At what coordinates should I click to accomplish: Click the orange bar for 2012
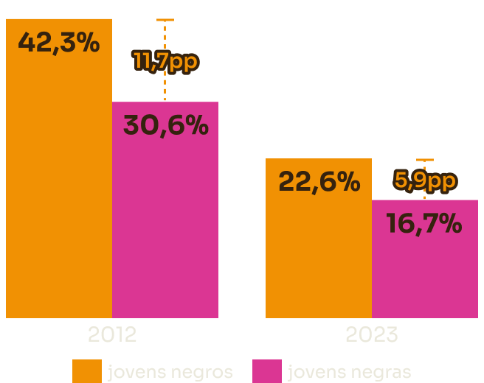(59, 184)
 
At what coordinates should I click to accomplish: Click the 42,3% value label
(59, 43)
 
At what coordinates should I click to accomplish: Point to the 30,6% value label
(165, 126)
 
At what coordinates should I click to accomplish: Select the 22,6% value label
(319, 181)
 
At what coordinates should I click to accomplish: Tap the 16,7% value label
(424, 223)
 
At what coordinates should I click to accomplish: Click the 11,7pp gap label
(165, 61)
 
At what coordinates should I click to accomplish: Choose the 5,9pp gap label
(425, 180)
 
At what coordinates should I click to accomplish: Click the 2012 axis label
(112, 335)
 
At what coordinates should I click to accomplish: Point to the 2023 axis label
(372, 335)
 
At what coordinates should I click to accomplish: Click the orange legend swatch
(86, 371)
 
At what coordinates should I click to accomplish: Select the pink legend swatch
(266, 371)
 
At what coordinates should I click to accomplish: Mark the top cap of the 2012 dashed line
(165, 20)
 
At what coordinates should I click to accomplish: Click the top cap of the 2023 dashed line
(425, 160)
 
